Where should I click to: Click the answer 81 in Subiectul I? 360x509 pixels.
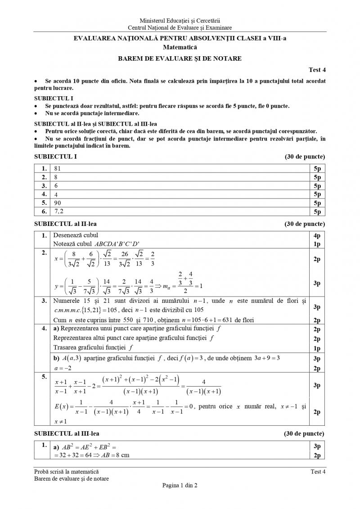tap(57, 168)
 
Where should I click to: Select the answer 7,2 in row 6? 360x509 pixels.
tap(58, 211)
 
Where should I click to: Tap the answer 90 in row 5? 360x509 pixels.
tap(57, 203)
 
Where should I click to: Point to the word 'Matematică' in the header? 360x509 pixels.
tap(180, 47)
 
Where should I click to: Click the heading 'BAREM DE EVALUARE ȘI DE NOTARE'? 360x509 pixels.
tap(180, 58)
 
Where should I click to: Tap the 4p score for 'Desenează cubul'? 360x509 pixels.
tap(317, 235)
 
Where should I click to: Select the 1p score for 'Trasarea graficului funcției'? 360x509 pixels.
tap(317, 347)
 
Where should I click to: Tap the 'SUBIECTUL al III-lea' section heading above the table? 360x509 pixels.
tap(67, 433)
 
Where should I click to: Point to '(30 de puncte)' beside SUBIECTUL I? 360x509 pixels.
tap(305, 157)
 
